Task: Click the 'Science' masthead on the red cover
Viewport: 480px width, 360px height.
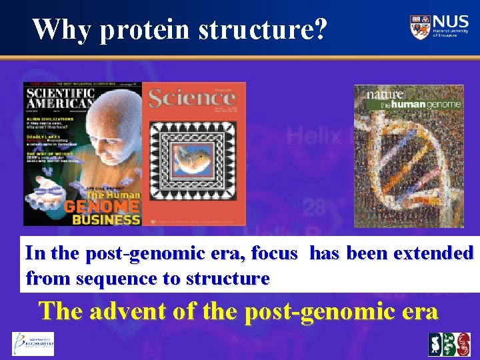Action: [x=192, y=98]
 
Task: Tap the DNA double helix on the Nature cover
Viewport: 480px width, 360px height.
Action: [x=407, y=160]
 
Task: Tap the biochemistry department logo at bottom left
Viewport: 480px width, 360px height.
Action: [x=32, y=344]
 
